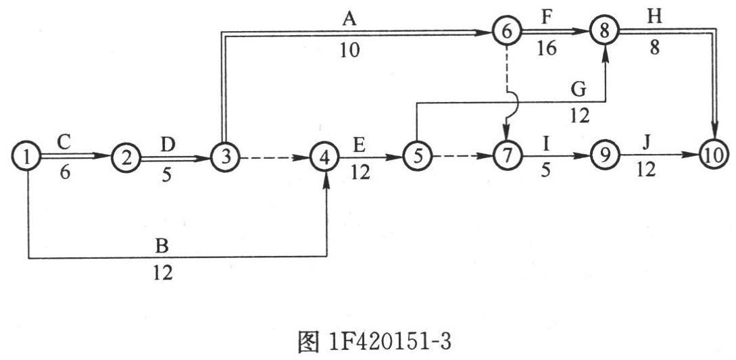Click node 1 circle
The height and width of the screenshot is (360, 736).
pos(28,157)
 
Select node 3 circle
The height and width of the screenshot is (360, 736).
pos(226,157)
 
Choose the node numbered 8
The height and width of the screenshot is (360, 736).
pos(605,31)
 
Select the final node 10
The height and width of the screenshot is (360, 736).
pos(714,153)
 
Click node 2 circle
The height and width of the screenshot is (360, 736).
pos(126,157)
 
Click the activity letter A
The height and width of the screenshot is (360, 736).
pos(349,20)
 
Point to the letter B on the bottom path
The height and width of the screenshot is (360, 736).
pos(162,246)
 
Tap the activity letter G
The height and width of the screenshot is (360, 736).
pos(579,90)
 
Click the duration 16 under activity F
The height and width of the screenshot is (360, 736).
pos(547,48)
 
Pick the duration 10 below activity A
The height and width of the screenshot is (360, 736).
pos(350,50)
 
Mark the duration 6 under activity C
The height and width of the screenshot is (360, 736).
pos(66,173)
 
